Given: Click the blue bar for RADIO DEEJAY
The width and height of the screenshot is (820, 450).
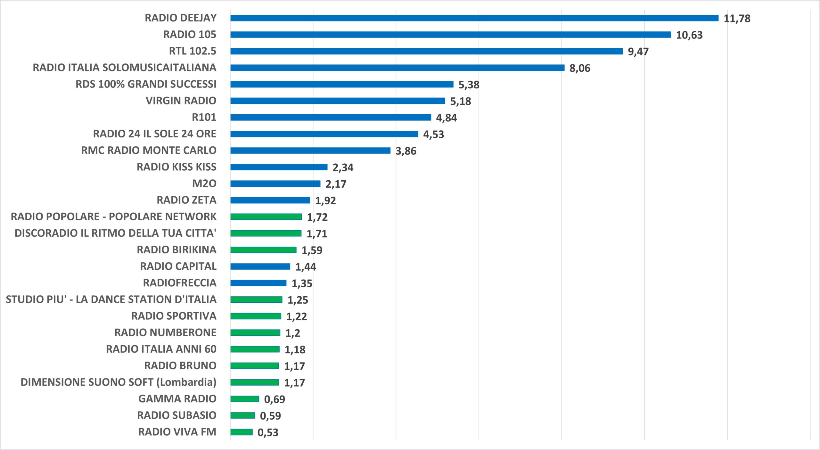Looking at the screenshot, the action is pyautogui.click(x=474, y=18).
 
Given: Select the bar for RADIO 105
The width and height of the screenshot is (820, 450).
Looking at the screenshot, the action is pyautogui.click(x=451, y=35).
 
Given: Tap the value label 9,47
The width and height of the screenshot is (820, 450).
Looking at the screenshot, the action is pyautogui.click(x=638, y=52).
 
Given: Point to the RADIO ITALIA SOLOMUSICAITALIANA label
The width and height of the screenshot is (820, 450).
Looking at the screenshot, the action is pyautogui.click(x=125, y=68).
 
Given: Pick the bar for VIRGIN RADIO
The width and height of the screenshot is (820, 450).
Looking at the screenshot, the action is pyautogui.click(x=338, y=101).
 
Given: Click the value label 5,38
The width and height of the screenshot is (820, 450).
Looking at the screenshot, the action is pyautogui.click(x=469, y=85).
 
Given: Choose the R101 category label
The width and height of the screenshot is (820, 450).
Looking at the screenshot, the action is pyautogui.click(x=204, y=117).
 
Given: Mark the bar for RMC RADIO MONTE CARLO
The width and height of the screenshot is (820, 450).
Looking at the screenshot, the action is pyautogui.click(x=310, y=151).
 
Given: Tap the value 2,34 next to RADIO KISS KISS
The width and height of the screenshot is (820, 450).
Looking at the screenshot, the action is pyautogui.click(x=343, y=168).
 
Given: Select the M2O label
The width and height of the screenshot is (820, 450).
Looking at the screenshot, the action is pyautogui.click(x=204, y=184).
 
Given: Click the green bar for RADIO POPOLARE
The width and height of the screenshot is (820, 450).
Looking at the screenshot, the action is pyautogui.click(x=266, y=217).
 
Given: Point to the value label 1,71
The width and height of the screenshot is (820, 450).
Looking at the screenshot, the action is pyautogui.click(x=317, y=234).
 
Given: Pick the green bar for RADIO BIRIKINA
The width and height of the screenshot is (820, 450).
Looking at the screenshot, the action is pyautogui.click(x=263, y=250).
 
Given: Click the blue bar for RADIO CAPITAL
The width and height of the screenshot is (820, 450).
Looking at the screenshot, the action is pyautogui.click(x=260, y=266).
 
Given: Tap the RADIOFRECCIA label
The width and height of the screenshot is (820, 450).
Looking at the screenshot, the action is pyautogui.click(x=180, y=283).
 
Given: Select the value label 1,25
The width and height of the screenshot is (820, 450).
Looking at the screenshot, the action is pyautogui.click(x=298, y=300).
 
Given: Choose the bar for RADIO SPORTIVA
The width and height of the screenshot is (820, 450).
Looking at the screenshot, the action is pyautogui.click(x=256, y=316).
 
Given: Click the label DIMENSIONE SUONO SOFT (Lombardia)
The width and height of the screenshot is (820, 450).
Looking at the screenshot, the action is pyautogui.click(x=119, y=382).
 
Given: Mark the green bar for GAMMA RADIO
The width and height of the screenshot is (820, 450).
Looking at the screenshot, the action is pyautogui.click(x=245, y=399).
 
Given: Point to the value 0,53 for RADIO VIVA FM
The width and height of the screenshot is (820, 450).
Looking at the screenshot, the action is pyautogui.click(x=268, y=433).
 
